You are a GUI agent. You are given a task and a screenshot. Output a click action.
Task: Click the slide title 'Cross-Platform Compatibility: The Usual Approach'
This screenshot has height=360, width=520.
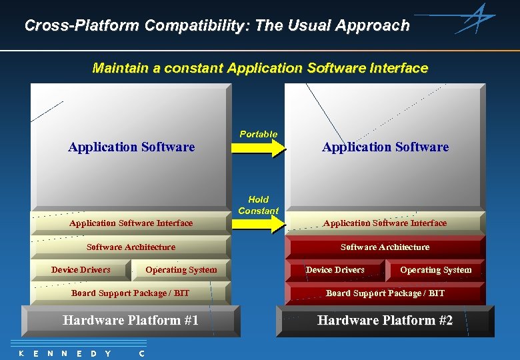click(x=217, y=26)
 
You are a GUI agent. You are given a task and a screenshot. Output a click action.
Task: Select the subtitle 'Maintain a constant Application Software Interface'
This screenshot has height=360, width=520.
click(x=260, y=68)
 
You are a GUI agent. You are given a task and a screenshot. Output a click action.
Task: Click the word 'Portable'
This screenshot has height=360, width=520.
click(x=259, y=134)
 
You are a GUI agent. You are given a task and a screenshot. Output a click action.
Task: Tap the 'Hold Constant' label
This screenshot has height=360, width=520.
click(x=259, y=205)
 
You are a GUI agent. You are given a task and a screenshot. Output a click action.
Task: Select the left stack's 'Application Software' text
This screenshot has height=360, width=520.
click(x=131, y=147)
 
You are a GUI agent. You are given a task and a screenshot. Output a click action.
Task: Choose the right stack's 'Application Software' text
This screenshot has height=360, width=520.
click(x=385, y=147)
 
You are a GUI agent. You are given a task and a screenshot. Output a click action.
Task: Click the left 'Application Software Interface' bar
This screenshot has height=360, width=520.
click(x=131, y=223)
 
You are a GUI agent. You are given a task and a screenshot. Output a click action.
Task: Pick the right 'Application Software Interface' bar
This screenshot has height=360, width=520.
click(x=385, y=223)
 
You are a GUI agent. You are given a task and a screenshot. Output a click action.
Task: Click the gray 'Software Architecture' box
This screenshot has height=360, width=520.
click(x=131, y=247)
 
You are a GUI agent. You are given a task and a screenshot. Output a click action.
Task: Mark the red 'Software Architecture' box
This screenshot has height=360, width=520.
click(x=385, y=247)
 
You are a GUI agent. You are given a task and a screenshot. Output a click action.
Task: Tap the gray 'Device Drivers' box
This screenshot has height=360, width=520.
click(x=81, y=270)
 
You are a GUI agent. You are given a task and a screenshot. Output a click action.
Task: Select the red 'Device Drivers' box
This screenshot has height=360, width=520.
click(x=335, y=270)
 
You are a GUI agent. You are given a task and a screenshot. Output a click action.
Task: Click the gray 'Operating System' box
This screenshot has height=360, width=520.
click(x=181, y=270)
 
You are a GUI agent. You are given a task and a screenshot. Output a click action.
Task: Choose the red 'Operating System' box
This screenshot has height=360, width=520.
click(x=435, y=270)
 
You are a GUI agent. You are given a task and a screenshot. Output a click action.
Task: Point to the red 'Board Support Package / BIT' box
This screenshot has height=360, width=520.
click(x=385, y=293)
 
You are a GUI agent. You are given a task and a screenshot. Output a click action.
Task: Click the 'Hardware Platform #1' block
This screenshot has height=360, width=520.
click(x=131, y=321)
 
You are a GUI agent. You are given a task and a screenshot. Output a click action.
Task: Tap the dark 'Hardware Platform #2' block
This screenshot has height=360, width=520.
click(x=385, y=321)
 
